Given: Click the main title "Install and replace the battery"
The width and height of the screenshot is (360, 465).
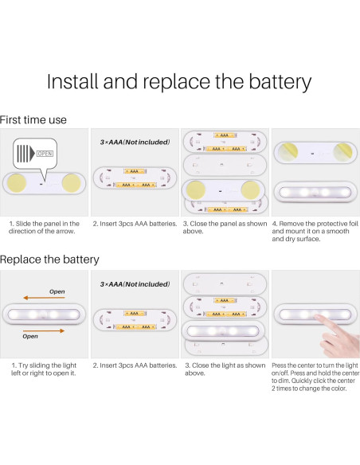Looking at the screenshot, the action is [x=179, y=82].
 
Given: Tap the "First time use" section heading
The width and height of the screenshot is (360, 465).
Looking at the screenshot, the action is [x=33, y=119].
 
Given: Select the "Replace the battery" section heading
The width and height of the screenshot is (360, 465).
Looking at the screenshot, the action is [x=49, y=260].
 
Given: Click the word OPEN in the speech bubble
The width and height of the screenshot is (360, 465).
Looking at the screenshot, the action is [x=45, y=154].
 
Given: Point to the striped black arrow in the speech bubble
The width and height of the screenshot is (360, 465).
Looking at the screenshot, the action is [x=25, y=154].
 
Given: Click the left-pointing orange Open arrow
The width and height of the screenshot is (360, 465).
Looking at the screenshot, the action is [x=44, y=298].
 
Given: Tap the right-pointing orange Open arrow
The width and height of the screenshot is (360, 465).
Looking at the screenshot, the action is [x=44, y=330].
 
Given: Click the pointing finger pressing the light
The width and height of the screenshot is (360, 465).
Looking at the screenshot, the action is [x=338, y=334].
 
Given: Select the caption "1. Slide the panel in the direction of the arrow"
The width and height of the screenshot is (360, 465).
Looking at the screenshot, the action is [x=44, y=228].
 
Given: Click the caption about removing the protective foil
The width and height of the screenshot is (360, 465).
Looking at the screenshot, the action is [x=315, y=232].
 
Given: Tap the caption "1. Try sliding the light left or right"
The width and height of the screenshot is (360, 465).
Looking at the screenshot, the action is [x=44, y=369].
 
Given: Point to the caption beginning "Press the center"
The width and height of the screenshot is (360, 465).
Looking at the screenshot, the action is [x=315, y=377].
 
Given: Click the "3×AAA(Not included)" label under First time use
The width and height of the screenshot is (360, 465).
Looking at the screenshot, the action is [x=135, y=143].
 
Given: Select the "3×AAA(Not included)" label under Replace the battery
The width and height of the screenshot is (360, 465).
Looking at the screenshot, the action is [x=135, y=284].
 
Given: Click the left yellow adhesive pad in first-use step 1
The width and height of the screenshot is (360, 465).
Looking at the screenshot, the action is [x=17, y=183].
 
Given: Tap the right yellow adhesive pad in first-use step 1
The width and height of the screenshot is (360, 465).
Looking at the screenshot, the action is [x=72, y=183].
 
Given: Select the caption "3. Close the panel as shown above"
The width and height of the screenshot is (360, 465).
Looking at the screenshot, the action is [x=225, y=228].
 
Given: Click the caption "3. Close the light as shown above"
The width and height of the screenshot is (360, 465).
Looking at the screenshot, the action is [x=225, y=369].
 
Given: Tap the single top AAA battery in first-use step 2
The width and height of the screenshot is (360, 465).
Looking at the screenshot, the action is [x=135, y=171].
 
